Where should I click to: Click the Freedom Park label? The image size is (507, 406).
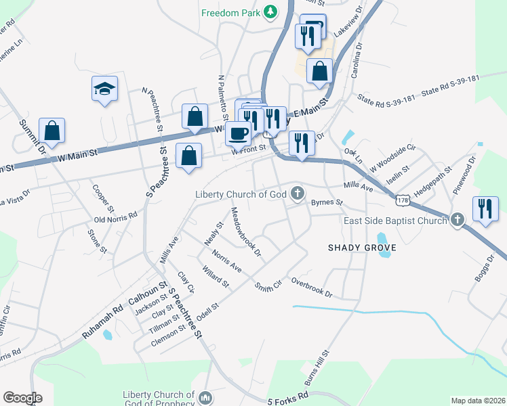231,12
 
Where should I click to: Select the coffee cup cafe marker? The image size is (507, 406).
238,133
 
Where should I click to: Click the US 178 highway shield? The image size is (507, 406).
403,201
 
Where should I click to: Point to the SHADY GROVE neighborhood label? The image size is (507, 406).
361,248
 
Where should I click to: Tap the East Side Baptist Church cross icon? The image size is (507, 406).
458,220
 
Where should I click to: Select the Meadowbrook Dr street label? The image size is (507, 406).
246,232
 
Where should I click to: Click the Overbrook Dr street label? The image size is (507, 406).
312,287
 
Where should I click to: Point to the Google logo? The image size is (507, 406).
22,398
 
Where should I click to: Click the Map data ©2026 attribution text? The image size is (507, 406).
478,401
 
